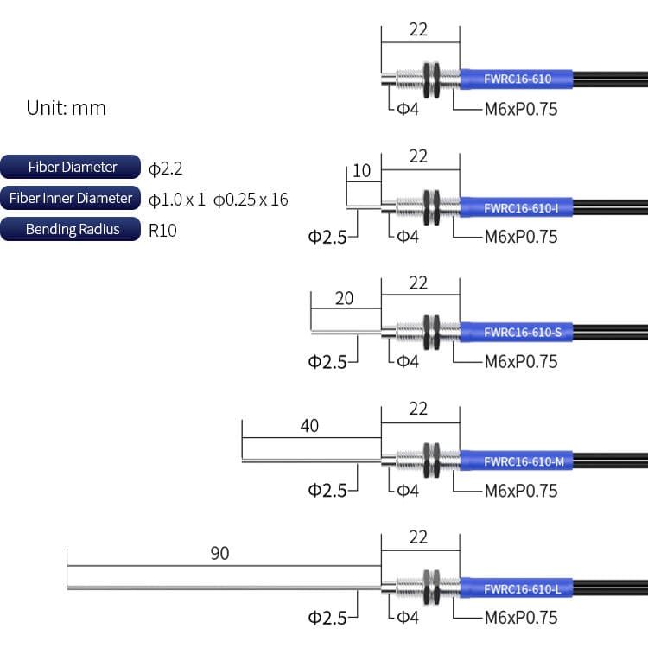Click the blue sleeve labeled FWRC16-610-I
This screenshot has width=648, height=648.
pos(516,207)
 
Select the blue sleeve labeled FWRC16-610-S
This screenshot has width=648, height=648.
pos(516,332)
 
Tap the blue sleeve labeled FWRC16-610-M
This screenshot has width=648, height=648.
pos(516,461)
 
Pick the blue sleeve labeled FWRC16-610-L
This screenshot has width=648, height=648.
pos(516,589)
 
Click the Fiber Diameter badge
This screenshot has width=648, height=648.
pos(72,167)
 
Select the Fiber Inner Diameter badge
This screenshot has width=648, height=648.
pos(72,198)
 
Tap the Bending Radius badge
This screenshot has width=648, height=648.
pos(72,229)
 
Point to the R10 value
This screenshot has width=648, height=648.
pos(162,230)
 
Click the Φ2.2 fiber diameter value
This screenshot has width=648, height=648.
pos(165,168)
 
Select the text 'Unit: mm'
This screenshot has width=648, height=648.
pos(66,108)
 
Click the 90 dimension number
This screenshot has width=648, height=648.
pos(220,553)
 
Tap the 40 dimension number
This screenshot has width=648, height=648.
pos(308,425)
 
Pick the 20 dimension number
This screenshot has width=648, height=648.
pos(344,298)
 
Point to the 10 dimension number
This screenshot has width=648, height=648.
pos(361,170)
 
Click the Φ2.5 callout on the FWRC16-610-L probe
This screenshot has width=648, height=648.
pos(327,617)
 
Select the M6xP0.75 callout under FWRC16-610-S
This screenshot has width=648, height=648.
pos(520,361)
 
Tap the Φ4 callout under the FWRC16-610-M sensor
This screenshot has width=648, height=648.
pos(407,490)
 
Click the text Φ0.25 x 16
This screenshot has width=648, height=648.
pos(251,200)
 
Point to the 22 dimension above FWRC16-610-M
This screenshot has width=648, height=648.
pos(418,408)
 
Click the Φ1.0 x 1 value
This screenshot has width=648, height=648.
pos(177,200)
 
